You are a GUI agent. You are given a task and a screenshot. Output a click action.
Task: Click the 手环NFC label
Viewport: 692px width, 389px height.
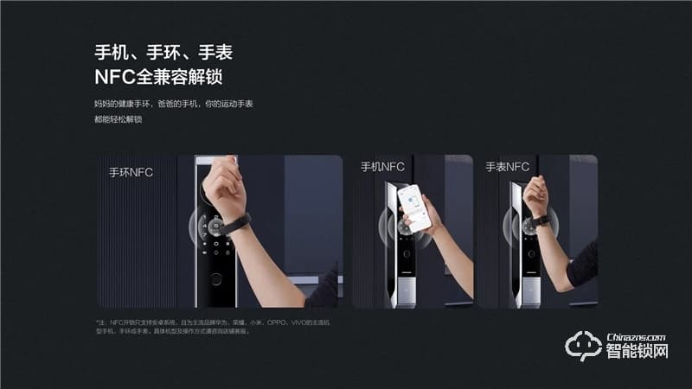coord(131,172)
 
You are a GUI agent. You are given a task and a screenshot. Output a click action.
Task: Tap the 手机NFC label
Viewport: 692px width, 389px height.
coord(382,167)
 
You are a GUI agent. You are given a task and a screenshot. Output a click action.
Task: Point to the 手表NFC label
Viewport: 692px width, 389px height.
coord(507,167)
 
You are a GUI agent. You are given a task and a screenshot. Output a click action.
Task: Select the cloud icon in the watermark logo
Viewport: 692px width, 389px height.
coord(581,347)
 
